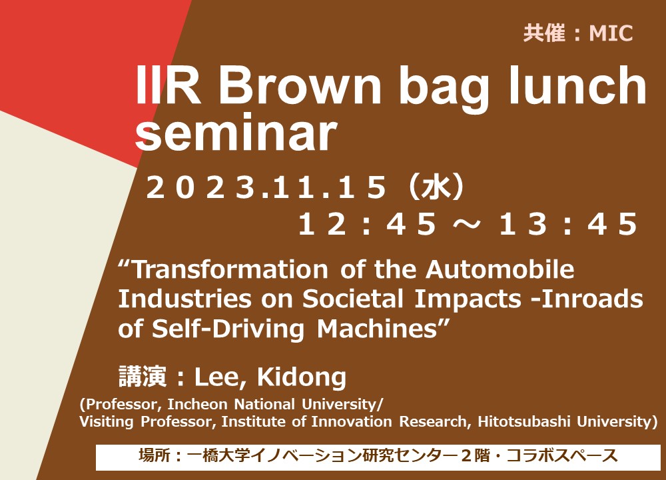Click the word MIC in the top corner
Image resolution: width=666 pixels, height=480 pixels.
pos(611,33)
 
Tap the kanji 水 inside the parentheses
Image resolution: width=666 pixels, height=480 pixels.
pos(436,187)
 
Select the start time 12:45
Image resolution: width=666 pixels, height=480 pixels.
pos(368,224)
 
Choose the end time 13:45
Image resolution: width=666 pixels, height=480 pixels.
pos(568,224)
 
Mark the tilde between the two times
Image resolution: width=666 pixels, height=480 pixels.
pos(468,225)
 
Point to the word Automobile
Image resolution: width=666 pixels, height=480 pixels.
pos(499,269)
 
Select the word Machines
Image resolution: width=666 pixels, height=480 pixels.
pos(377,329)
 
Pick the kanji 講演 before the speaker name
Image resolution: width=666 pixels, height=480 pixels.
pos(143,377)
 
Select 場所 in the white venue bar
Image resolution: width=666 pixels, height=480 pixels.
pos(155,455)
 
